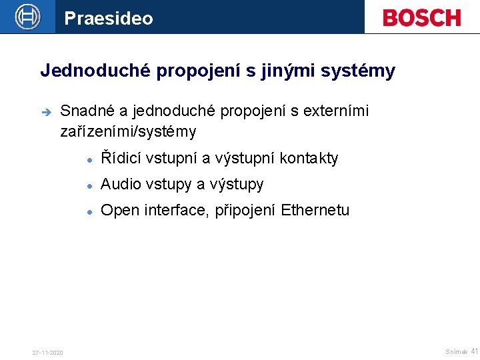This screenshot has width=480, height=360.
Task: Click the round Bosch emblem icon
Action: coord(28,17)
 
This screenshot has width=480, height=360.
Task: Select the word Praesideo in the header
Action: coord(109,18)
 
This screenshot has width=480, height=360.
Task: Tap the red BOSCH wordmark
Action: coord(421,17)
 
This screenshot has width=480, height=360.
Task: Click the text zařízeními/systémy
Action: coord(129,131)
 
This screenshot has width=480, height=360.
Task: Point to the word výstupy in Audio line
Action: coord(237,185)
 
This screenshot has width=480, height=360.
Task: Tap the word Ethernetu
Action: coord(315,211)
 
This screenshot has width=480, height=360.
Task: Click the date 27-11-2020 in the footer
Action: coord(48,352)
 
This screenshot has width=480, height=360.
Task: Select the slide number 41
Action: coord(475,351)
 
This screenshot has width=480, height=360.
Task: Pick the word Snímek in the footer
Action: coord(456,351)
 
